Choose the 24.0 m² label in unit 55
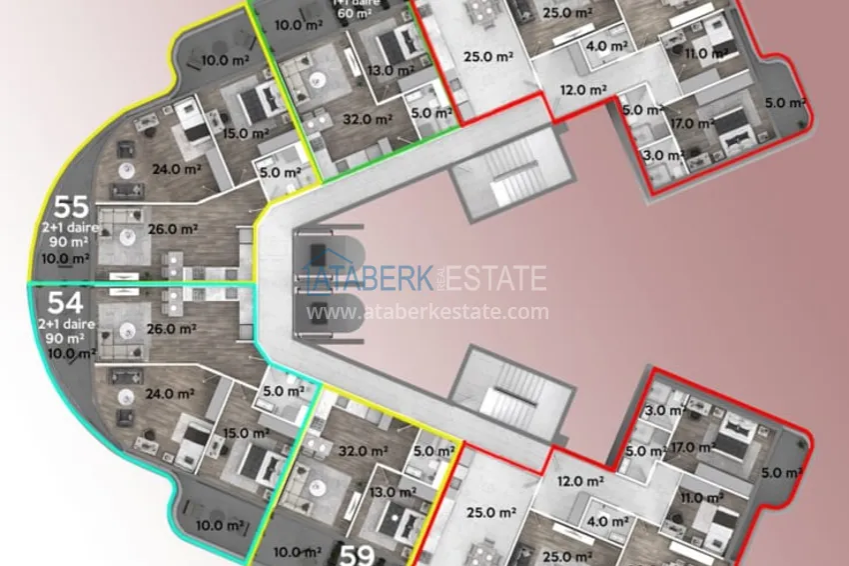(176, 169)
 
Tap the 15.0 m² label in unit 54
(246, 433)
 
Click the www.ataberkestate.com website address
(427, 312)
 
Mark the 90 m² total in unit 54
(65, 339)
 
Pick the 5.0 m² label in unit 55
(280, 172)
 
